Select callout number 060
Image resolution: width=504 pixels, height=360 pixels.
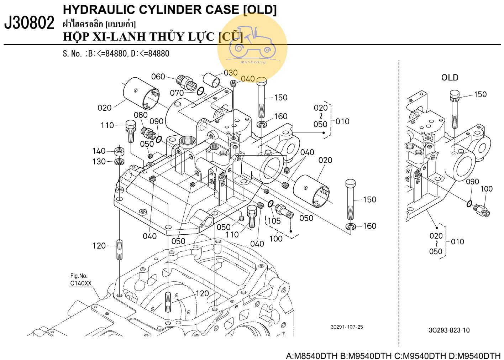point(158,77)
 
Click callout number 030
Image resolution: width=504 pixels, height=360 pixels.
point(231,73)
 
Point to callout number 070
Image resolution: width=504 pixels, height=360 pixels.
point(177,93)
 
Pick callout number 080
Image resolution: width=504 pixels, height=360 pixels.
point(141,115)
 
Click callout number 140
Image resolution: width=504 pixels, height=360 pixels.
point(99,151)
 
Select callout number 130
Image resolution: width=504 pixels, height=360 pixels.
point(99,162)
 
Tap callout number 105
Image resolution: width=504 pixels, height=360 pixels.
point(274,221)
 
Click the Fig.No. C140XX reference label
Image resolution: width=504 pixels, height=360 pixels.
point(80,280)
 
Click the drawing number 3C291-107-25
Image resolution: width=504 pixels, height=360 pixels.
point(347,327)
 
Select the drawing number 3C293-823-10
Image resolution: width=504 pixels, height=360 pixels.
point(449,330)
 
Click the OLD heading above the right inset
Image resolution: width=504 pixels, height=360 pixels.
point(450,78)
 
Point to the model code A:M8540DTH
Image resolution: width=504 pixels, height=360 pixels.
point(312,356)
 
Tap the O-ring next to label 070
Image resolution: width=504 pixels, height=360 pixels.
point(201,91)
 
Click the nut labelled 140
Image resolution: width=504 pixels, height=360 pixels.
point(119,151)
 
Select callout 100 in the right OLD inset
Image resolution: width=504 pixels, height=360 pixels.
point(486,189)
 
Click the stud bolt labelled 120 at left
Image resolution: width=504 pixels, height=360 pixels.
point(120,250)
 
